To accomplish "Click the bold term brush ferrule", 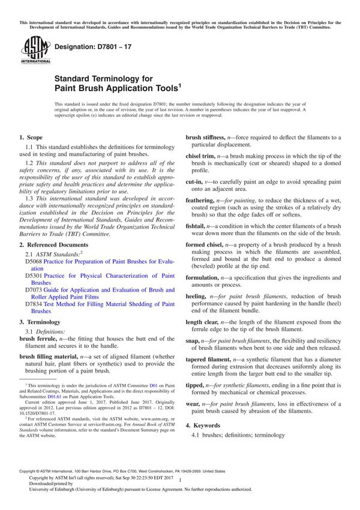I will point(41,339).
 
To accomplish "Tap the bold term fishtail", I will point(197,226).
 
